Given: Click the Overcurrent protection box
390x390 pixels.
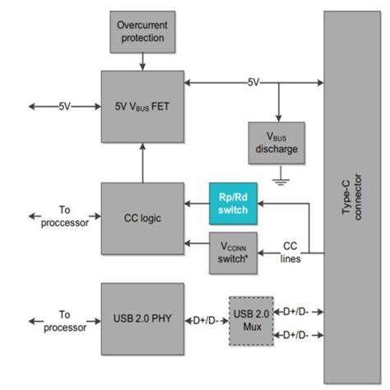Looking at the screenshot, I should coord(142,30).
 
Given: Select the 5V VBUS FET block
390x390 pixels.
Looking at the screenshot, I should coord(142,105).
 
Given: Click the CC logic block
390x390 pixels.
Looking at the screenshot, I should coord(142,218).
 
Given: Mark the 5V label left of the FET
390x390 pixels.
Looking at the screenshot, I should coord(64,105).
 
